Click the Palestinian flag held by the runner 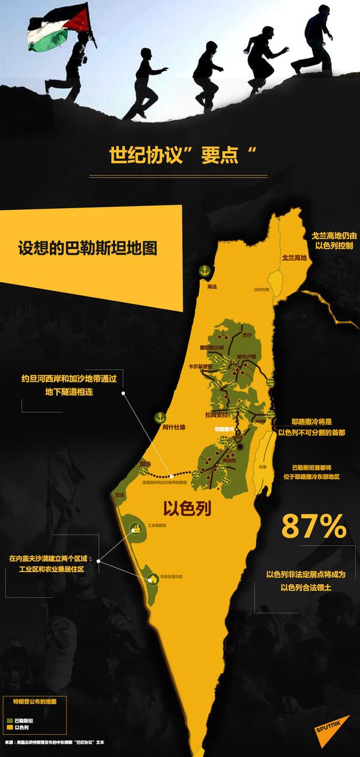point(59,28)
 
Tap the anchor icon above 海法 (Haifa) point(204,271)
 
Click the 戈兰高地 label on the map point(294,258)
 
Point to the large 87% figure point(314,527)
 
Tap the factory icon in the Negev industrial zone point(133,529)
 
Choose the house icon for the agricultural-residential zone point(151,578)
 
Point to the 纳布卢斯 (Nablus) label point(246,357)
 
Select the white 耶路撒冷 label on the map point(224,429)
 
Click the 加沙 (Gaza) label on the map point(145,463)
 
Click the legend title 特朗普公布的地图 point(34,701)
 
